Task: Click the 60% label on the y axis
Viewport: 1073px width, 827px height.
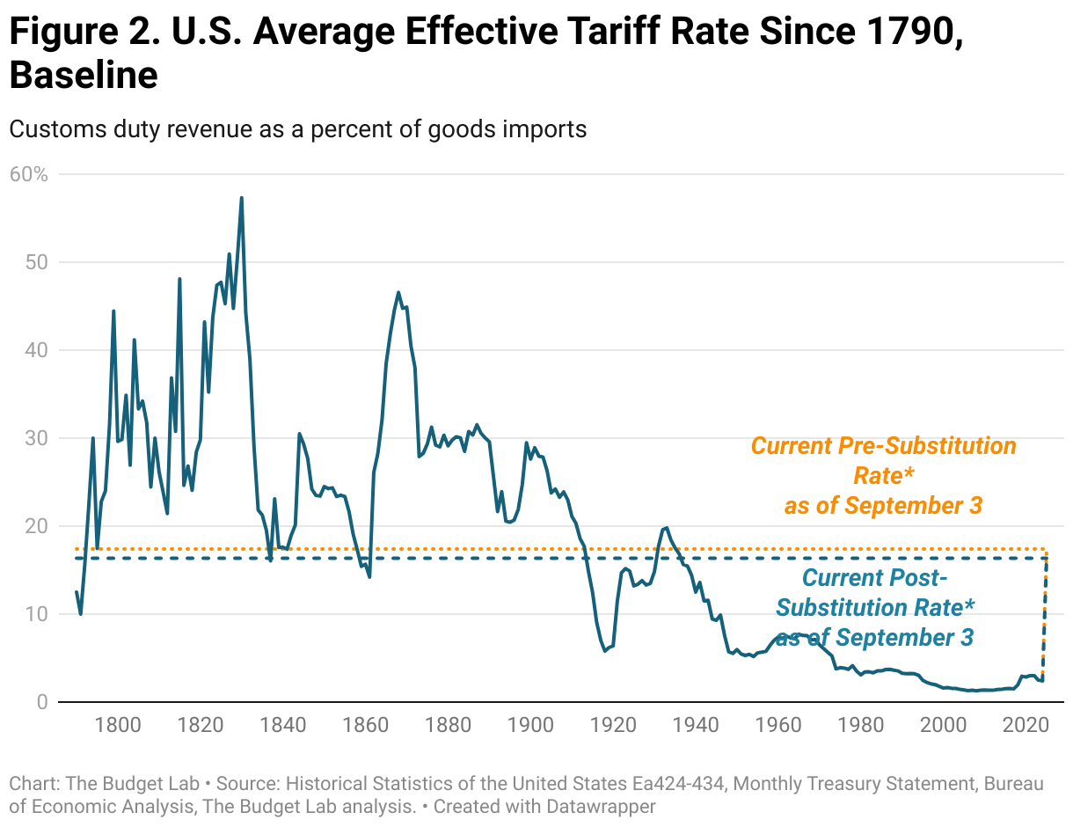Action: [28, 174]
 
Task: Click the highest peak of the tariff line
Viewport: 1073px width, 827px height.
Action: [241, 198]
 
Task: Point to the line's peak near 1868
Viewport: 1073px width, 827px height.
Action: [398, 292]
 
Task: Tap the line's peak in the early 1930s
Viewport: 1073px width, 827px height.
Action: [666, 528]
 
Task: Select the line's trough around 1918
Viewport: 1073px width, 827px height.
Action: [605, 650]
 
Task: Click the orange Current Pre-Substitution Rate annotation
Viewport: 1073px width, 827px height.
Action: [883, 475]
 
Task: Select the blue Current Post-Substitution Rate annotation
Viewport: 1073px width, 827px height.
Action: [875, 608]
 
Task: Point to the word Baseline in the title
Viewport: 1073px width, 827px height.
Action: [84, 76]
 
